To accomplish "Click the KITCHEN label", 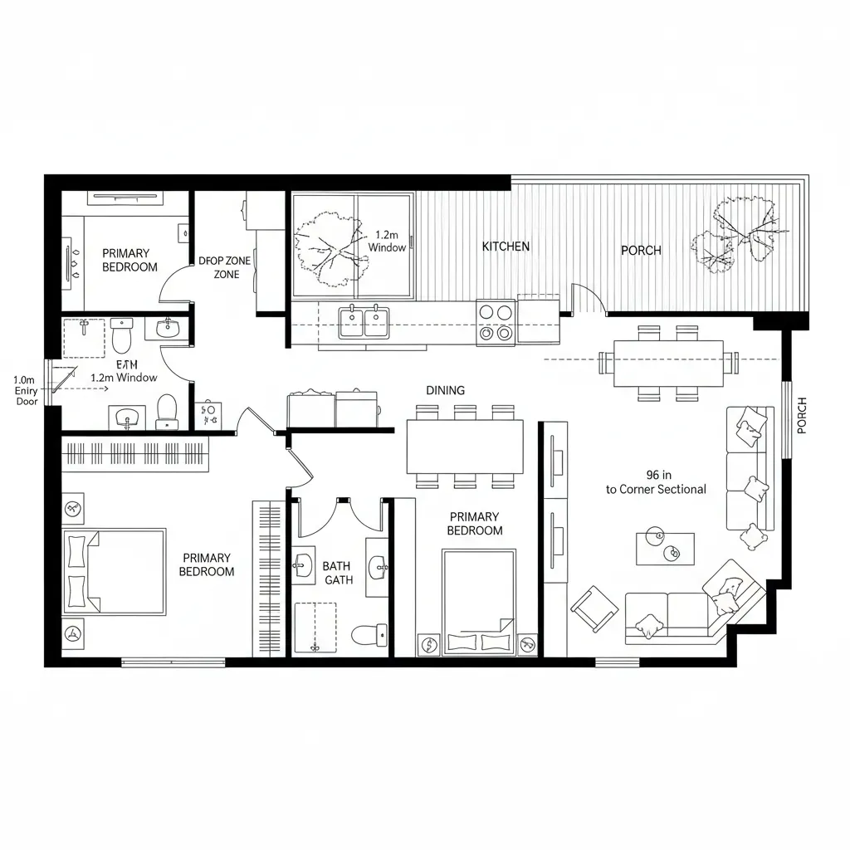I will click(x=506, y=247).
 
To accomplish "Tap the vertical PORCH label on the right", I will click(x=801, y=415).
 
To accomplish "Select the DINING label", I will click(x=445, y=390).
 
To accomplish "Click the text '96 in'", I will click(x=658, y=475).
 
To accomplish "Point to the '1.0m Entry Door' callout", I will click(x=27, y=390).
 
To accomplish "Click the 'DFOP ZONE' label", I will click(x=225, y=261).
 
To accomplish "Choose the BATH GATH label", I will click(x=337, y=573).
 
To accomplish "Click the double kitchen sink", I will click(x=364, y=321).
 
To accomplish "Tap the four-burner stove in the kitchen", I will click(x=496, y=322).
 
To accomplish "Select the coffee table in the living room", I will click(x=664, y=548).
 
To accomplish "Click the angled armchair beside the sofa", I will click(x=594, y=609).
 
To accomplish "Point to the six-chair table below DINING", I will click(x=465, y=446).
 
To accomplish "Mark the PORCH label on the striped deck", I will click(x=641, y=250).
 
